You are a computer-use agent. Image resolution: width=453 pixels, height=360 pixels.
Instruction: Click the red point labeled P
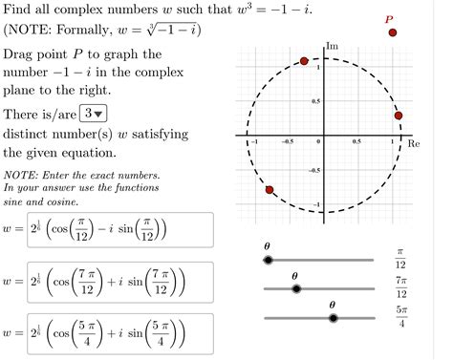click(393, 33)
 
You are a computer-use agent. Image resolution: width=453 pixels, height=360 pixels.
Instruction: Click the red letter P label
click(388, 18)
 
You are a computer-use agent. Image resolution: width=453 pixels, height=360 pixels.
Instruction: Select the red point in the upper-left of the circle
click(304, 61)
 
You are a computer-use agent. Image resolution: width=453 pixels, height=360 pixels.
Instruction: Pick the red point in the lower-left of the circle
click(270, 190)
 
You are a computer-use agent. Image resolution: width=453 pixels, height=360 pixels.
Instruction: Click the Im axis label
click(332, 46)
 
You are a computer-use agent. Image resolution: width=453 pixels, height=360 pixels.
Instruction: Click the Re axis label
click(414, 143)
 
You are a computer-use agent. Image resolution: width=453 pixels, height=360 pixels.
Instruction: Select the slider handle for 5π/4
click(333, 317)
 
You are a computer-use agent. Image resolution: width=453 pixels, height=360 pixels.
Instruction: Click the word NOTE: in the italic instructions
click(20, 176)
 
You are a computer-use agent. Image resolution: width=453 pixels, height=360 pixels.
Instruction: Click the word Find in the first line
click(19, 9)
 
